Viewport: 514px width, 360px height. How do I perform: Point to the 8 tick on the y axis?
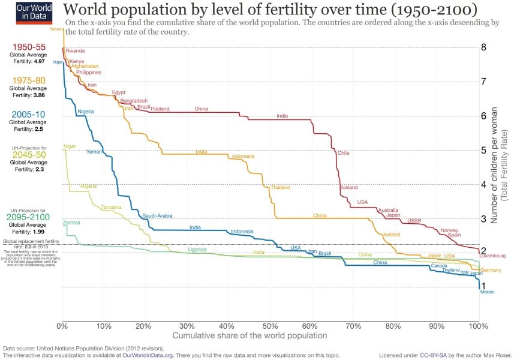coord(483,47)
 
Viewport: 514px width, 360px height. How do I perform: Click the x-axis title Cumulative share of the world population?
coord(250,335)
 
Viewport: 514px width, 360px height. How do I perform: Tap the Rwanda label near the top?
coord(75,51)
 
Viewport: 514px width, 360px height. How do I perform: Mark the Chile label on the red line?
coord(343,153)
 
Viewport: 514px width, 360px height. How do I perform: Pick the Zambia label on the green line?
coord(71,223)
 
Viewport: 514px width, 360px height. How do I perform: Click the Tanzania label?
coord(111,207)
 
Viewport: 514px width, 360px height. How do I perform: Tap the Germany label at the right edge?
coord(491,270)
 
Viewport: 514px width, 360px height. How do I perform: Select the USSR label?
coord(414,221)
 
